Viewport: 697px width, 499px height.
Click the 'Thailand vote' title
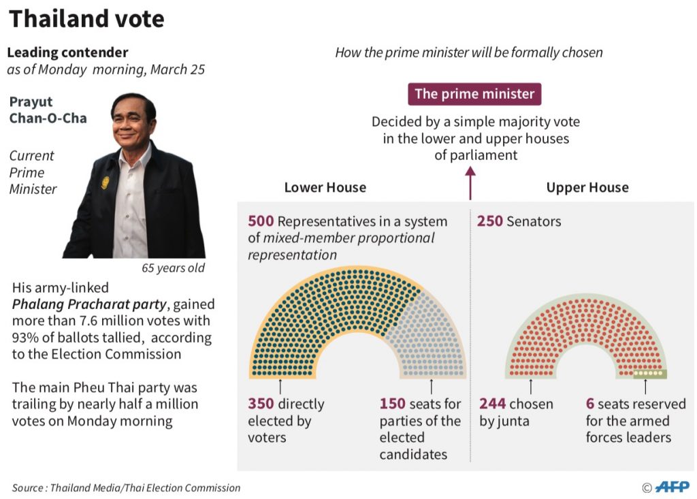86,19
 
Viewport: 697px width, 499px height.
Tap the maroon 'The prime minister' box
474,94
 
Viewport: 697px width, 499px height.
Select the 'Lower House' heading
325,187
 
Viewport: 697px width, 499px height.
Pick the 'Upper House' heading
587,187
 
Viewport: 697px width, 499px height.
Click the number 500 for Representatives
261,221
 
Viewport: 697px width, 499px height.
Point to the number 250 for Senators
490,221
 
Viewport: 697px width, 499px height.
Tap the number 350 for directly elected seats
261,404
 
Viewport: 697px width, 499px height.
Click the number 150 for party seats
393,404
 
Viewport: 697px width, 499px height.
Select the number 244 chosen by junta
493,404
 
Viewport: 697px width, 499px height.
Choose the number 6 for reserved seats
590,404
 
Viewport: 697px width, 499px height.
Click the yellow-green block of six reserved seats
649,374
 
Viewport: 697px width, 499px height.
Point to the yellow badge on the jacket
105,182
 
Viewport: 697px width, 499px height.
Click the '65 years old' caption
173,268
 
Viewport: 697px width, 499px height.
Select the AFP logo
672,487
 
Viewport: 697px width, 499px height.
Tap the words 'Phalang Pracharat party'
89,304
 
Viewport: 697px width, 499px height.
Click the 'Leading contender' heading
67,52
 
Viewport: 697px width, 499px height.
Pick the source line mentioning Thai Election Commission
126,487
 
